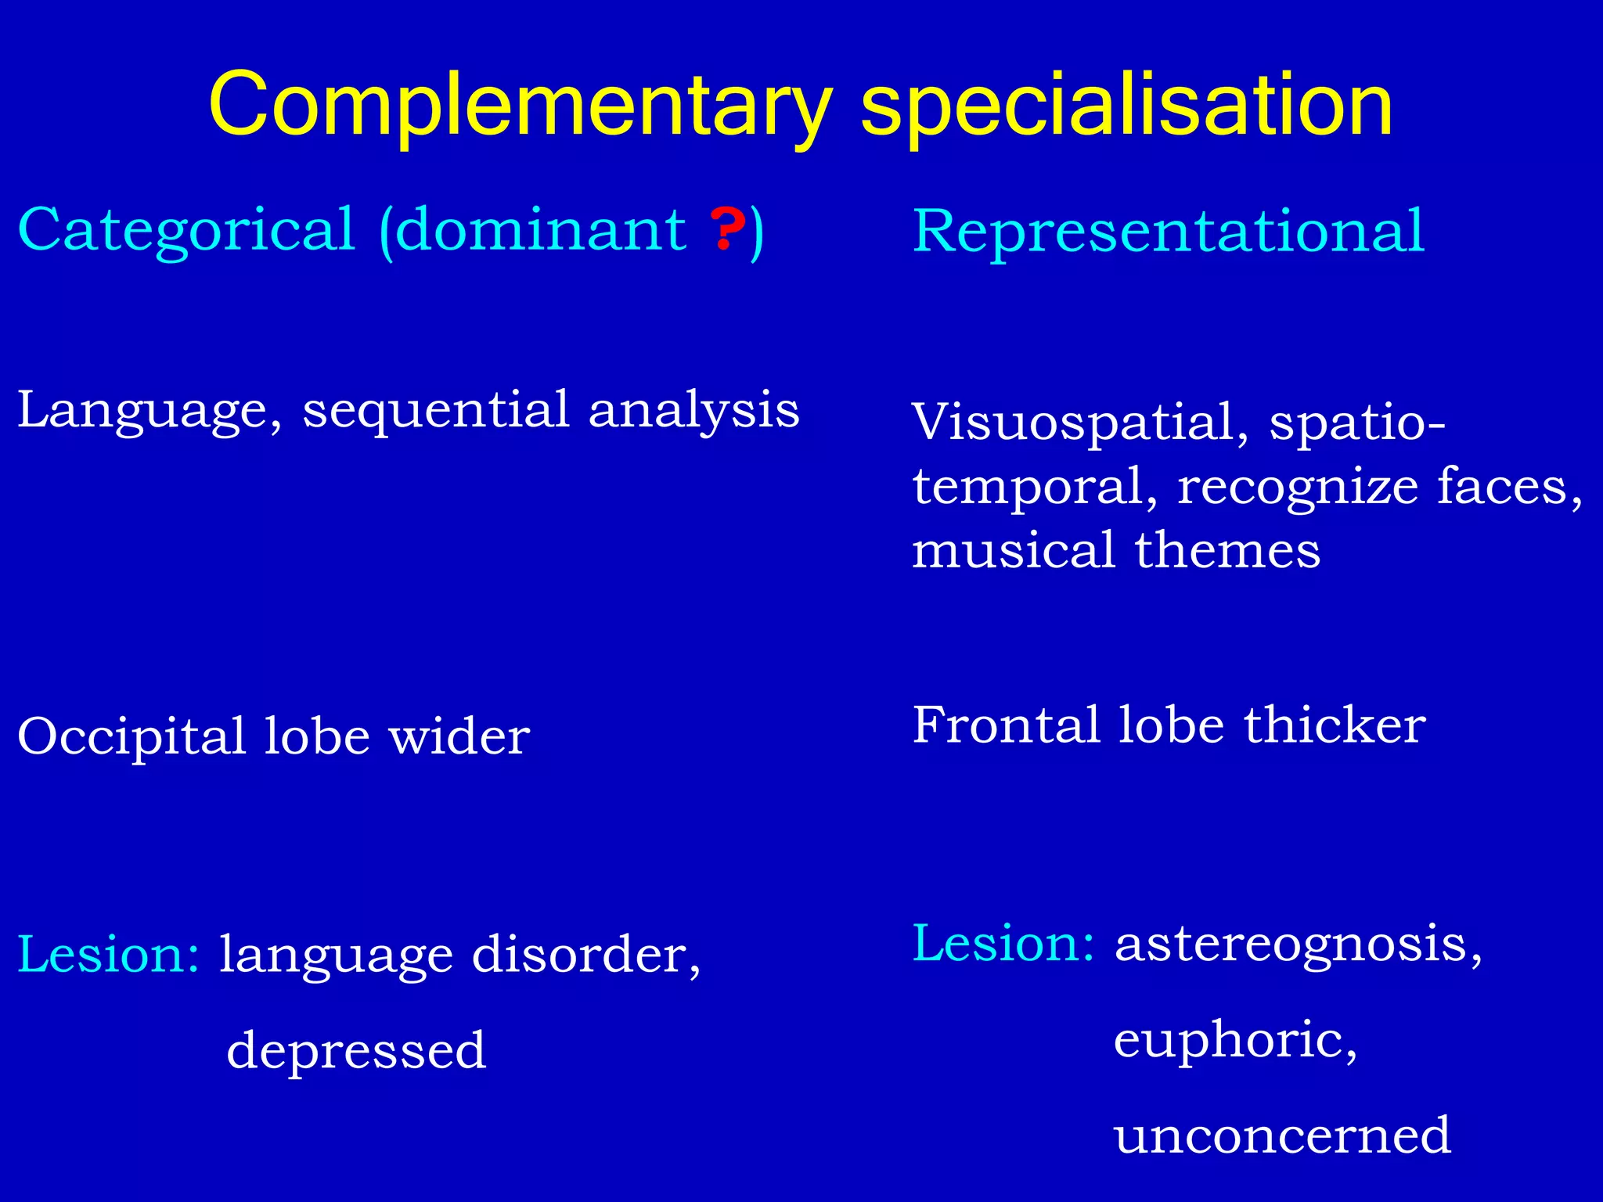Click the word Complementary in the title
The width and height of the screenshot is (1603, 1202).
520,106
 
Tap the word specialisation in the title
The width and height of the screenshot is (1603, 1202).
1126,106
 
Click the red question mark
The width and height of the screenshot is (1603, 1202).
727,229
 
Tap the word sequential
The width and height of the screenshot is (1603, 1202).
436,411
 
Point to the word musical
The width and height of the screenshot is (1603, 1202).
1014,550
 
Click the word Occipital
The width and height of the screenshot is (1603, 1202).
131,737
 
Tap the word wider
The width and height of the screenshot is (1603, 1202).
459,737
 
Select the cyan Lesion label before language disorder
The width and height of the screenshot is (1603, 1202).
108,955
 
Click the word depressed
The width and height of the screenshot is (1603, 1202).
356,1051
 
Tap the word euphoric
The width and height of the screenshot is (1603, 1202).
1234,1041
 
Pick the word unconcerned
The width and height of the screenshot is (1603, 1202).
1282,1136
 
